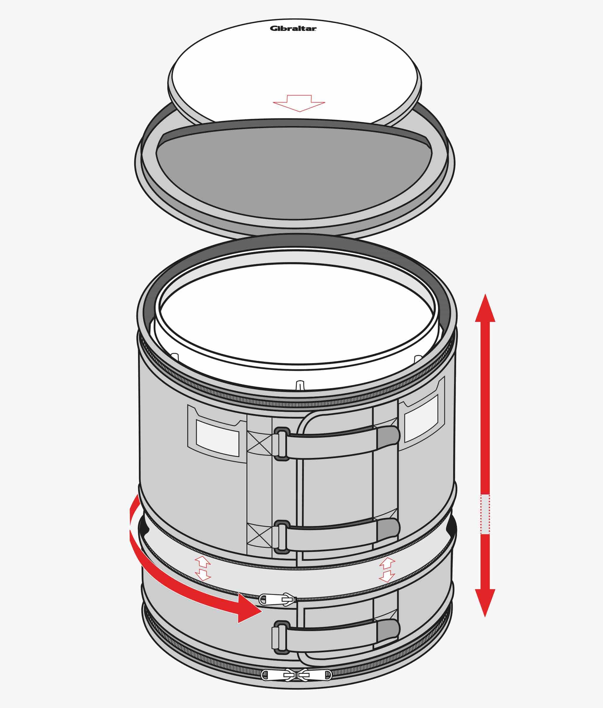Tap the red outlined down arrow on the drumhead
pyautogui.click(x=299, y=103)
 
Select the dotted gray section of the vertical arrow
pyautogui.click(x=485, y=514)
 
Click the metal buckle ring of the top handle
pyautogui.click(x=281, y=444)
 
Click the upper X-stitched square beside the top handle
pyautogui.click(x=259, y=443)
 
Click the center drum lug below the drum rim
pyautogui.click(x=300, y=385)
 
